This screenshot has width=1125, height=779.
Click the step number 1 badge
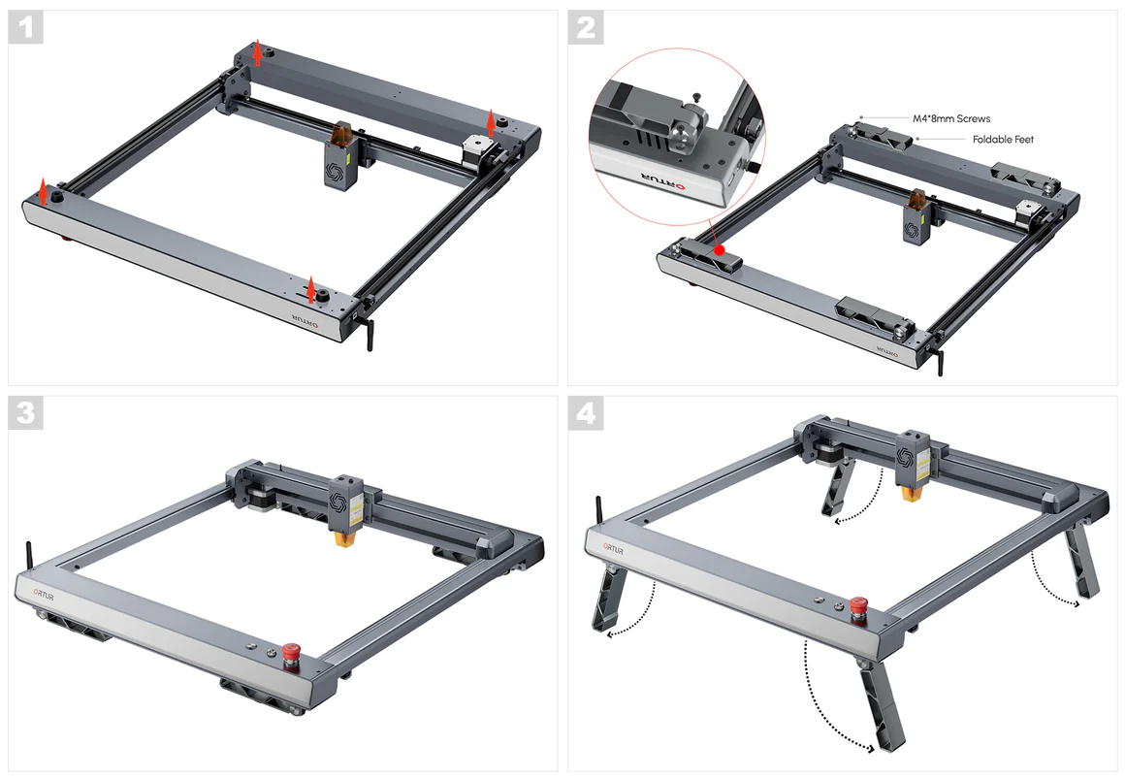coord(26,28)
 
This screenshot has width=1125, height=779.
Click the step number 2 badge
coord(586,28)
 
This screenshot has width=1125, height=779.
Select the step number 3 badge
coord(26,413)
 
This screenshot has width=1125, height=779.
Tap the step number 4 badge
coord(586,413)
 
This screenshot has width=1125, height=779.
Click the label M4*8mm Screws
coord(951,118)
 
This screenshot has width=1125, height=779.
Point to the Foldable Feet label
coord(1003,140)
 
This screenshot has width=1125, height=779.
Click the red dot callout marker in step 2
coord(720,250)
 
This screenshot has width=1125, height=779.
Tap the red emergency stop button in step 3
coord(291,654)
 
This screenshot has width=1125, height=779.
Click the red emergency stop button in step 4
coord(858,607)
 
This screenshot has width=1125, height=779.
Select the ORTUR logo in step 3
coord(43,596)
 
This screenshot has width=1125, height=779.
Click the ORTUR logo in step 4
coord(613,549)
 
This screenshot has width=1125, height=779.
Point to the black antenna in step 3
coord(29,558)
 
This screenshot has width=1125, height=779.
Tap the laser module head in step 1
coord(340,156)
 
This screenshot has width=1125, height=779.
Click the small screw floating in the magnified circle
coord(695,97)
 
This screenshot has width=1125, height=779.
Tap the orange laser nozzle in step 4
coord(912,493)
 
